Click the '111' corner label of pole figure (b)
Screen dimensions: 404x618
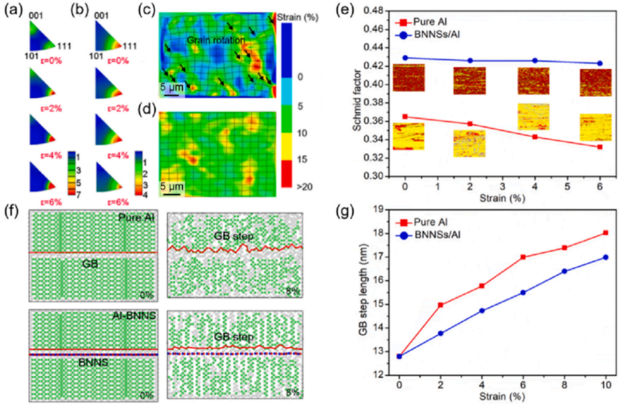(131, 46)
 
